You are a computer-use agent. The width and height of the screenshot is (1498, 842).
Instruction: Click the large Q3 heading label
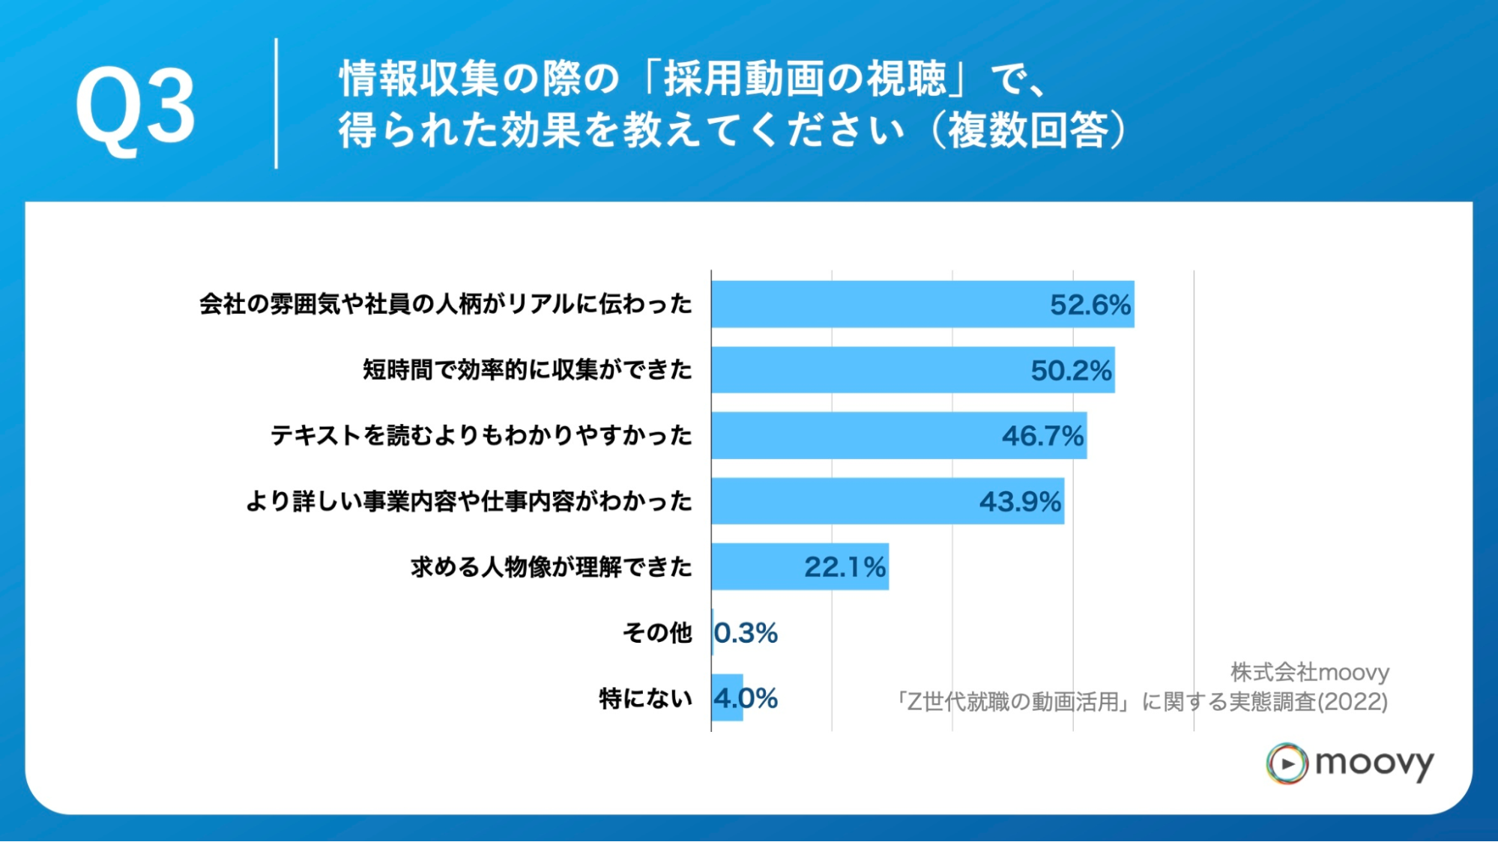[135, 107]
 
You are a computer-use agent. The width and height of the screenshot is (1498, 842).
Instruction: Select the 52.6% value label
[1090, 305]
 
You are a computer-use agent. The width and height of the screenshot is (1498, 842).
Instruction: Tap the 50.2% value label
[1070, 370]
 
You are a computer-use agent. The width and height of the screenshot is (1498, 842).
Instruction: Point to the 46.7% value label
[1042, 436]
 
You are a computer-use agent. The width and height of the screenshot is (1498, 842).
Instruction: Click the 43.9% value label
[1020, 502]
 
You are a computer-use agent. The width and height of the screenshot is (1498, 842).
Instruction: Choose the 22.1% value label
[845, 567]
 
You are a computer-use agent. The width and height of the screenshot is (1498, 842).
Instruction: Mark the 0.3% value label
[746, 633]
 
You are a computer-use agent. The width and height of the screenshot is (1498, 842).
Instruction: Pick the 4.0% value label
[746, 698]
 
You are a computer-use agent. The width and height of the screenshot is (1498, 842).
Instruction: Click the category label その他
[657, 633]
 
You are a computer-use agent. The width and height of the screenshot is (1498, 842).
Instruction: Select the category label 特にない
[645, 698]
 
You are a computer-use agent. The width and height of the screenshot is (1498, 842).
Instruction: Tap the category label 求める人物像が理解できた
[552, 567]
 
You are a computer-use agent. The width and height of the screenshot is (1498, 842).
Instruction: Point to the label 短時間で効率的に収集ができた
[528, 370]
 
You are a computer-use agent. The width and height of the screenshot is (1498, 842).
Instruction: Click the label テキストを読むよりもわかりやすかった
[481, 436]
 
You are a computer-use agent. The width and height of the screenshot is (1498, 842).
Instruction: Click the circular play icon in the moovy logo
[1287, 763]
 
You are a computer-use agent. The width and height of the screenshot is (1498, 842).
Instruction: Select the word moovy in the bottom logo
[1374, 763]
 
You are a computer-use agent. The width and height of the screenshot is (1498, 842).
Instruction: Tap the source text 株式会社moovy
[1309, 672]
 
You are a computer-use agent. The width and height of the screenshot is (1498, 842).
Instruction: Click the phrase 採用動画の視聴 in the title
[805, 79]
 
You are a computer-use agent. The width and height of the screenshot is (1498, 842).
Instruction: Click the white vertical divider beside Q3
[277, 103]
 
